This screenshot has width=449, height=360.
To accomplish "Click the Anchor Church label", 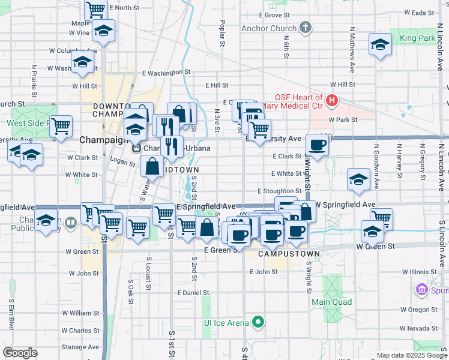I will pos(269,28).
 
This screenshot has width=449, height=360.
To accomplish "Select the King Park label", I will pos(417,38).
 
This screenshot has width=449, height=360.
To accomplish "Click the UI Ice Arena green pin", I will pos(258,323).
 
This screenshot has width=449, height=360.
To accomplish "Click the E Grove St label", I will pos(274,15).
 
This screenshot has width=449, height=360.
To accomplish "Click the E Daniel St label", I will pos(193,293).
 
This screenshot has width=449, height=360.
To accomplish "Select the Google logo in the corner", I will pos(20,353).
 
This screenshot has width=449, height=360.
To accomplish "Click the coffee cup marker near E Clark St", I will pos(317,144).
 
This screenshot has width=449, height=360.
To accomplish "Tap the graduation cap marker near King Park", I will pos(380,44).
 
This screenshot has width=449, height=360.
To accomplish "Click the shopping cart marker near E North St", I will pos(95,9).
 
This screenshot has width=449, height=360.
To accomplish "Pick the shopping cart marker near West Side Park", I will pos(61,126).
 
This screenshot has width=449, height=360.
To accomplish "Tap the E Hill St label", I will pos(217,86).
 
